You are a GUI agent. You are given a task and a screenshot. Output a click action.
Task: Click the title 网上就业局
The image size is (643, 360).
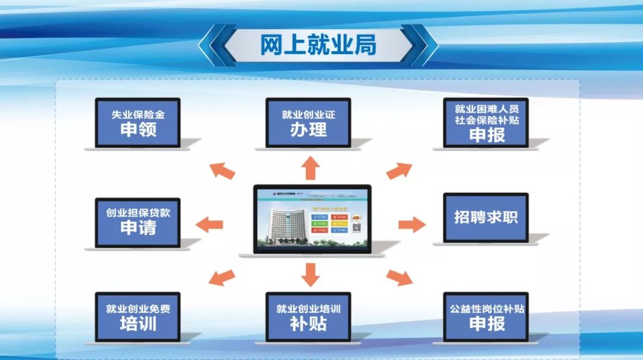tap(318, 45)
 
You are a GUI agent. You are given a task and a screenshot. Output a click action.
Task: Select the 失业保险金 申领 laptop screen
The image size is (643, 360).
tap(138, 122)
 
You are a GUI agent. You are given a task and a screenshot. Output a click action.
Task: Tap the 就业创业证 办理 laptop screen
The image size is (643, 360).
tap(308, 122)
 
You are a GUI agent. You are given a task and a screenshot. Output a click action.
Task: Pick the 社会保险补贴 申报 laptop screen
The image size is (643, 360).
tap(486, 122)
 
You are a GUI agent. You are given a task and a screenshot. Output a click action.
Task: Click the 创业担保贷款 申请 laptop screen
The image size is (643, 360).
tap(138, 221)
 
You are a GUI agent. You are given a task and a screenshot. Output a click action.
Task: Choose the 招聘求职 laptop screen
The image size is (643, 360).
tap(486, 217)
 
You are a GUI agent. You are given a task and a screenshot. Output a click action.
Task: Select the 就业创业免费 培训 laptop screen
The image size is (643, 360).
tap(138, 317)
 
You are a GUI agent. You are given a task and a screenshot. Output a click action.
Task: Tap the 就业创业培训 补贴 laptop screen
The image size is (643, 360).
tap(308, 317)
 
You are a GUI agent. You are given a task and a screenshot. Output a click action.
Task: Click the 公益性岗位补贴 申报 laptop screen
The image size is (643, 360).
tap(486, 317)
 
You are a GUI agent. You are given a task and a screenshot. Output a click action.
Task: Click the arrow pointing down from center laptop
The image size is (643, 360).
tap(310, 274)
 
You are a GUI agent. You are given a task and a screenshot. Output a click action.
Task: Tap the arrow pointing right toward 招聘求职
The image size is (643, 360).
tap(411, 224)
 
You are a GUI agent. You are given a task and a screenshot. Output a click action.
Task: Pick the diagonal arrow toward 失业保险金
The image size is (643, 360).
tap(223, 170)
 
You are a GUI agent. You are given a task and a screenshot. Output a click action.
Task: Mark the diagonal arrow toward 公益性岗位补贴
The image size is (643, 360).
tap(399, 277)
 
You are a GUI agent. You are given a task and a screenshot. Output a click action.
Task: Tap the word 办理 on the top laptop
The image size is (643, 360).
tap(308, 130)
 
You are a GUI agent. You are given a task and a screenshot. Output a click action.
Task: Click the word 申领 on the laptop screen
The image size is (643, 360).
tap(138, 129)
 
